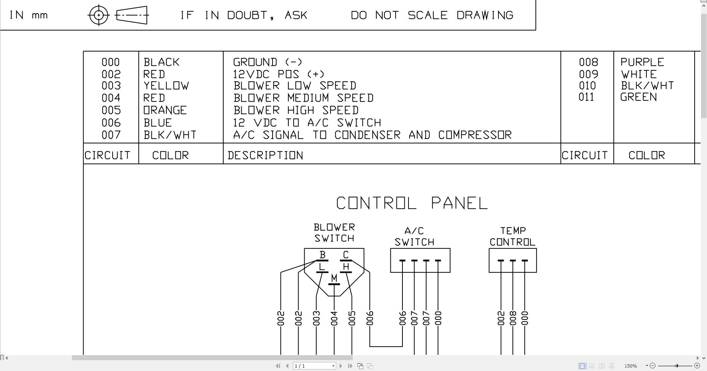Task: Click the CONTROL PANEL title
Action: pyautogui.click(x=412, y=203)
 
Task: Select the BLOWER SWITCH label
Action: pyautogui.click(x=334, y=233)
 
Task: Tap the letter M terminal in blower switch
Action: pyautogui.click(x=334, y=278)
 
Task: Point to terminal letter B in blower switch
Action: pyautogui.click(x=322, y=255)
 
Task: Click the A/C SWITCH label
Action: pyautogui.click(x=414, y=237)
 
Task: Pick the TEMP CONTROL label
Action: pyautogui.click(x=512, y=236)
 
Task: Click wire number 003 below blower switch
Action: pyautogui.click(x=316, y=318)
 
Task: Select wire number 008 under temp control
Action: pyautogui.click(x=513, y=318)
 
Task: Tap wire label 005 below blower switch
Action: pyautogui.click(x=352, y=318)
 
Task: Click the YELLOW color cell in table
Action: pyautogui.click(x=166, y=86)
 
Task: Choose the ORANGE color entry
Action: pyautogui.click(x=165, y=110)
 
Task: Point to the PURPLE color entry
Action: pyautogui.click(x=642, y=62)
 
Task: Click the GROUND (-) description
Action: pyautogui.click(x=268, y=62)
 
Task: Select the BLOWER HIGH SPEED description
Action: pyautogui.click(x=296, y=110)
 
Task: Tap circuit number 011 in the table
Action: pyautogui.click(x=586, y=97)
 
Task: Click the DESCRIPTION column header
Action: pyautogui.click(x=265, y=155)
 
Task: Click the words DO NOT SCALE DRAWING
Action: pyautogui.click(x=432, y=15)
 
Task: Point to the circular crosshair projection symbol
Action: pyautogui.click(x=99, y=15)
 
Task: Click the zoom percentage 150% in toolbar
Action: pyautogui.click(x=631, y=366)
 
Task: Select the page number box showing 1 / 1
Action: pyautogui.click(x=314, y=366)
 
